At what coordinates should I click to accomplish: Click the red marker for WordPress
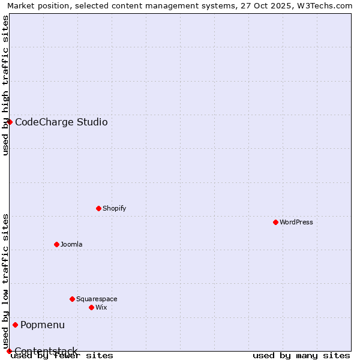click(275, 222)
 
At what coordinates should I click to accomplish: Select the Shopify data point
click(98, 208)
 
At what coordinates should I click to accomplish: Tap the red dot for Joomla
click(56, 244)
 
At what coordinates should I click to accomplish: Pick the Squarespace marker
click(72, 299)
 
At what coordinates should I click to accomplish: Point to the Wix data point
click(91, 307)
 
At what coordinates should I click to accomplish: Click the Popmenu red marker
click(15, 325)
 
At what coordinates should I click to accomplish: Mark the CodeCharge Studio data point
click(10, 122)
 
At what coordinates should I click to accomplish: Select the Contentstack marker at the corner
click(9, 351)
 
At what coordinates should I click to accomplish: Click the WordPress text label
click(296, 222)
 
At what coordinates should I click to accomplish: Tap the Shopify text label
click(115, 208)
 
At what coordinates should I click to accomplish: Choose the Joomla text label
click(71, 244)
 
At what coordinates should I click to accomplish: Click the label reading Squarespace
click(97, 299)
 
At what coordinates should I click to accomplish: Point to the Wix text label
click(101, 307)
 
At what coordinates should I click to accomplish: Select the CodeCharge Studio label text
click(61, 122)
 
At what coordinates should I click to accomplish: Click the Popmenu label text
click(43, 325)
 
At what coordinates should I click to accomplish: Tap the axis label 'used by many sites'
click(301, 356)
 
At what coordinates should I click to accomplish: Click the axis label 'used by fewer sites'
click(62, 356)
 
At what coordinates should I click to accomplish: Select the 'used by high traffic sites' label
click(5, 85)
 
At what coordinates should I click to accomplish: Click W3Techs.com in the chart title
click(325, 5)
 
